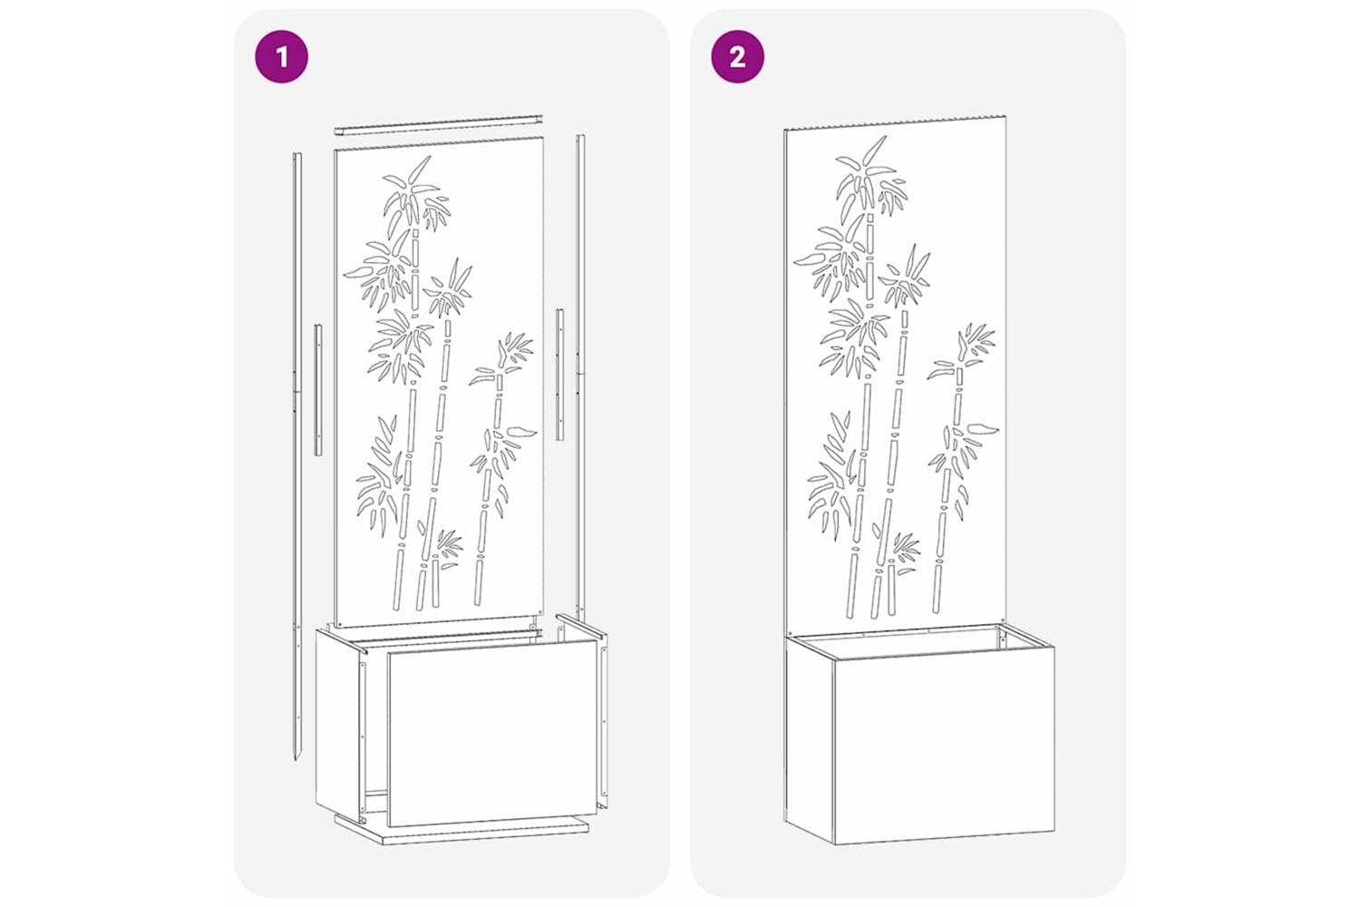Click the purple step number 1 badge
coord(281,56)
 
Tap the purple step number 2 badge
coord(738,56)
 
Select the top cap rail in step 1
coord(438,124)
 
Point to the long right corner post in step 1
coord(580,376)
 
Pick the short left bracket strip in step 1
coord(318,390)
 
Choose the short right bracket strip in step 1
coord(559,375)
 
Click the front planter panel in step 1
coord(492,734)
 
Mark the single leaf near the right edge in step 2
coord(983,429)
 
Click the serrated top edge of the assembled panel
coord(895,122)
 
